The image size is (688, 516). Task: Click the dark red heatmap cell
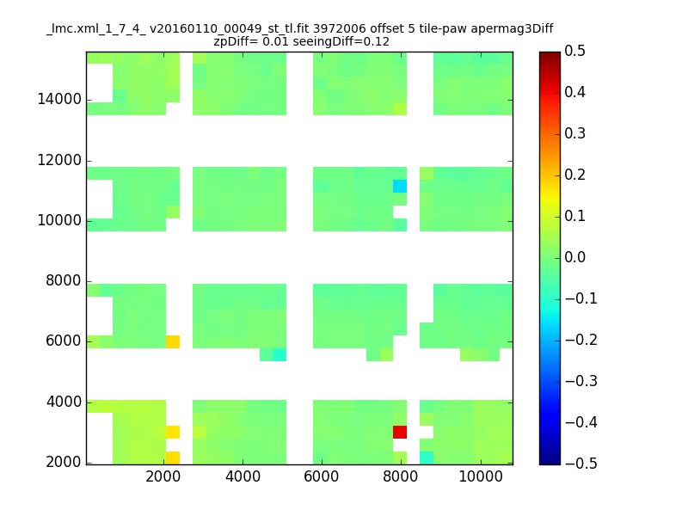coord(400,432)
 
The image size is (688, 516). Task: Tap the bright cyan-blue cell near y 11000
coord(400,186)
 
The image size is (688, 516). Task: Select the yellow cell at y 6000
coord(173,341)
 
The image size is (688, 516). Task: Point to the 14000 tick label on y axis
coord(59,99)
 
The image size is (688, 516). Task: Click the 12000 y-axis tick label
coord(59,160)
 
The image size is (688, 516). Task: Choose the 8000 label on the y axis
coord(64,281)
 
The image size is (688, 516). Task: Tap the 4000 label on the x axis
coord(243,476)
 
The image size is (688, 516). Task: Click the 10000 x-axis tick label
coord(481,476)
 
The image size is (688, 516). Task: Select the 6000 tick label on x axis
coord(322,476)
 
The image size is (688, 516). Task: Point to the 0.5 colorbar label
coord(574,51)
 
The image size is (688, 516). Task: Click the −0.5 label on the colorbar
coord(581,464)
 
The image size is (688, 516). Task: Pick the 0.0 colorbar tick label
coord(574,257)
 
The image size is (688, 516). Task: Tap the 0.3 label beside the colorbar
coord(574,133)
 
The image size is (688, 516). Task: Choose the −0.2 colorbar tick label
coord(581,340)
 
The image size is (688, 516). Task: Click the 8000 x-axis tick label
coord(401,476)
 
